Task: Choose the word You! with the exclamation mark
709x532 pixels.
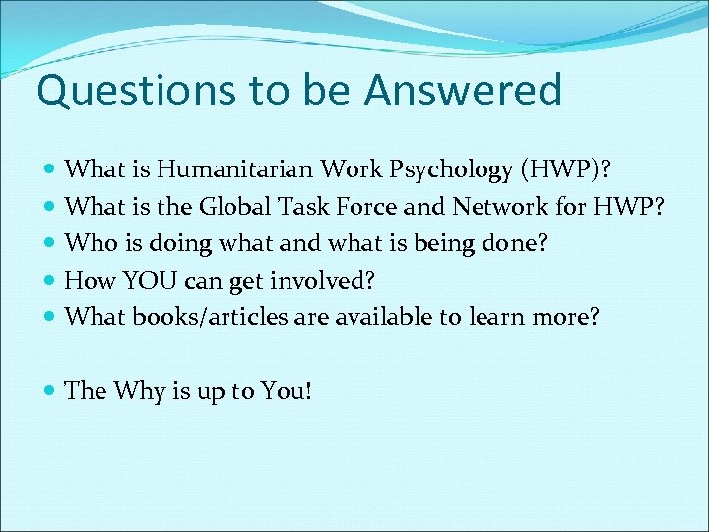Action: coord(287,391)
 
